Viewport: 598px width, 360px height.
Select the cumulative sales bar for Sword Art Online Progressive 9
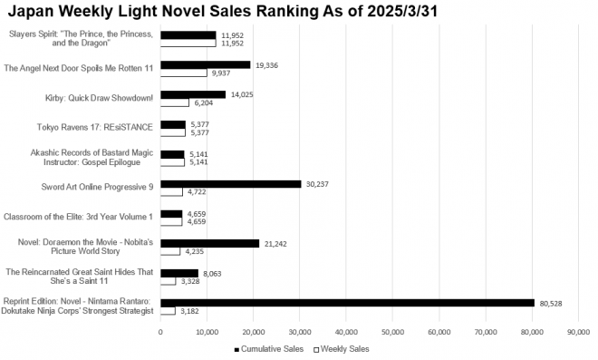coord(230,183)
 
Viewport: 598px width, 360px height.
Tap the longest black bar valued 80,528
coord(347,302)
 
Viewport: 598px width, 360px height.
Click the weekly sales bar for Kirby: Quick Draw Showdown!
coord(175,102)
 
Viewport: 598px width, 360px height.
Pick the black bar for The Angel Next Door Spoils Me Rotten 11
coord(205,64)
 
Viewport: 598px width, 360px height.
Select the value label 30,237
coord(319,184)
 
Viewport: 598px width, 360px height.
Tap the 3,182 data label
coord(190,311)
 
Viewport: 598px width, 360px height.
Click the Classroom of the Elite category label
coord(79,217)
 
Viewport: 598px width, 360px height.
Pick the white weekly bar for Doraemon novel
coord(170,251)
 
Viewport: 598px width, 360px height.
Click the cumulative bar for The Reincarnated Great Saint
coord(179,272)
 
